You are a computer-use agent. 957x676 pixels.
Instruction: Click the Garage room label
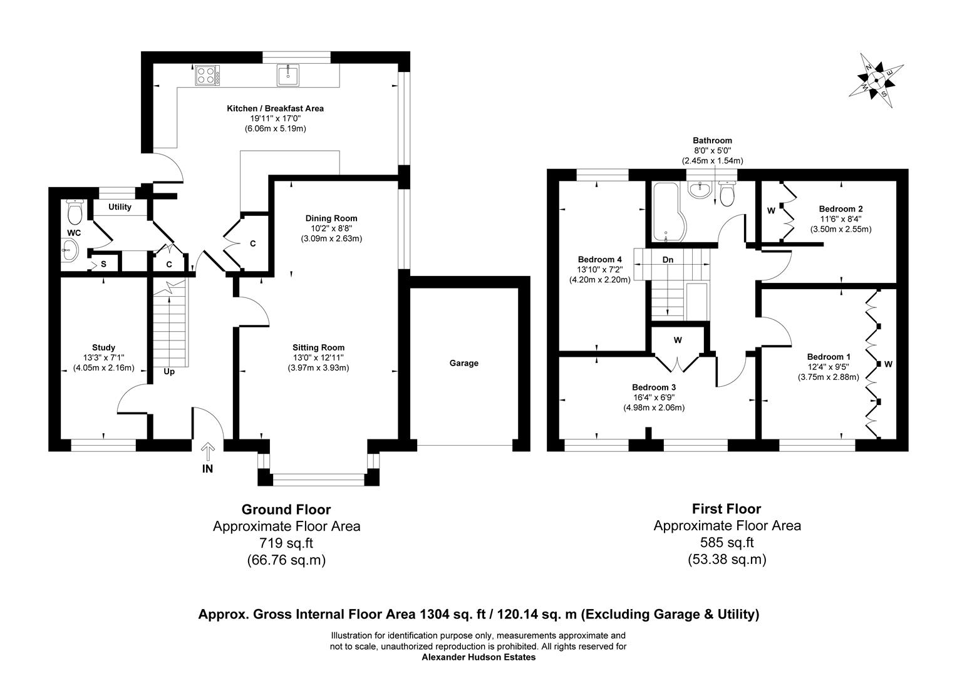point(463,363)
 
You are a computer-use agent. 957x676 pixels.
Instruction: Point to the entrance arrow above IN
point(208,449)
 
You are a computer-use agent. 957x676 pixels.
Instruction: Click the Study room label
point(103,347)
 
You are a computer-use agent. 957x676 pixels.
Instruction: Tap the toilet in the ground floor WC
point(75,213)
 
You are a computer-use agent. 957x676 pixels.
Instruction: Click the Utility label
point(120,207)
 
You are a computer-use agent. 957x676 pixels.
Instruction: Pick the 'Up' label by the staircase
point(169,371)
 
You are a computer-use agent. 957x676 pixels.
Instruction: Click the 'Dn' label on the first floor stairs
point(668,259)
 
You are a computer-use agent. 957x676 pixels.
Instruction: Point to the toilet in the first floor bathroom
point(727,194)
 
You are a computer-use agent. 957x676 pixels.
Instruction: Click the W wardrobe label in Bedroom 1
point(888,364)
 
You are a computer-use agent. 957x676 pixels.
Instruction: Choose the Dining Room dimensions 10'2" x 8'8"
point(331,228)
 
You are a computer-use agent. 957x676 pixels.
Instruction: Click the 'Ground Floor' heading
point(286,510)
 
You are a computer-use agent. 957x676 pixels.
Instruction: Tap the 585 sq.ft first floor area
point(727,543)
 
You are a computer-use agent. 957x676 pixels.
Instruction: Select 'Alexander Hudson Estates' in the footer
point(479,657)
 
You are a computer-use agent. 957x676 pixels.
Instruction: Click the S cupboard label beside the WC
point(103,264)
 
